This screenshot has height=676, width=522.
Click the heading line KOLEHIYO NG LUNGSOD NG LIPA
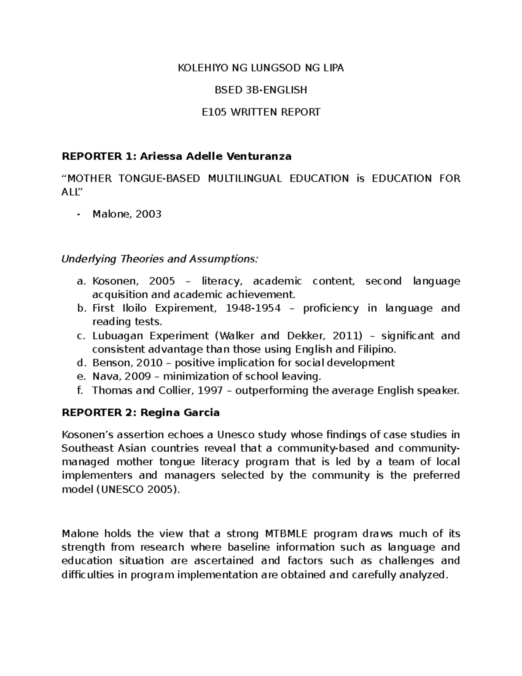click(x=261, y=68)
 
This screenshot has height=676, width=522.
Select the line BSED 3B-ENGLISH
click(x=261, y=90)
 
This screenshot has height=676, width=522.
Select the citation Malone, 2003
click(x=127, y=214)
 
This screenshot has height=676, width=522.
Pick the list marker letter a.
click(x=80, y=281)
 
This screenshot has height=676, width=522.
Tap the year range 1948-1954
click(x=254, y=309)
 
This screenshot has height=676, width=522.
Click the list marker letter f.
click(x=80, y=390)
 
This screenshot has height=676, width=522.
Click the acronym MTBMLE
click(x=284, y=534)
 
